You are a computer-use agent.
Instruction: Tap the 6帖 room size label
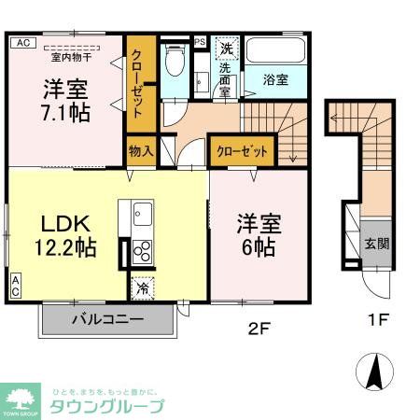pyautogui.click(x=259, y=247)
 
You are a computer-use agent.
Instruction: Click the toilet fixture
pyautogui.click(x=174, y=63)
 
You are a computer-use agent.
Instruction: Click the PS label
pyautogui.click(x=200, y=41)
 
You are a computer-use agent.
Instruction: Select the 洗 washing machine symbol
pyautogui.click(x=227, y=48)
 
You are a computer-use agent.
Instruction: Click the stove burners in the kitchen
pyautogui.click(x=143, y=251)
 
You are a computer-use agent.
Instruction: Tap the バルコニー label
pyautogui.click(x=107, y=319)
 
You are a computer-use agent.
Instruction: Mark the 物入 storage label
pyautogui.click(x=140, y=151)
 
